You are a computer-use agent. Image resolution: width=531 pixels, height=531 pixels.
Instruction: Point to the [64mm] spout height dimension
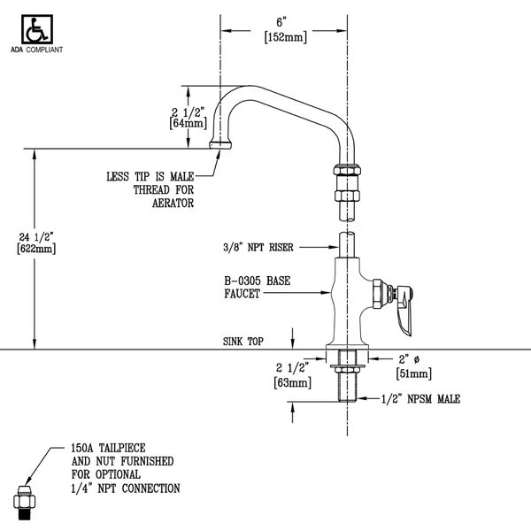point(188,125)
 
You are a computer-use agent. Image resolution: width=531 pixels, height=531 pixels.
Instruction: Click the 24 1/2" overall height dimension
point(35,236)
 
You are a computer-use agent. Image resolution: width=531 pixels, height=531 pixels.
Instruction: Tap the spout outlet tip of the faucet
point(219,143)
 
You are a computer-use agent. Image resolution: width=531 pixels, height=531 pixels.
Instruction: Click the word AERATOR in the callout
point(173,203)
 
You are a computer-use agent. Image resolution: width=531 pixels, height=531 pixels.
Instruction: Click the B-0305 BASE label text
point(257,281)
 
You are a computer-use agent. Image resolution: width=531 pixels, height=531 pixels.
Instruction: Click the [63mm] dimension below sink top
point(290,383)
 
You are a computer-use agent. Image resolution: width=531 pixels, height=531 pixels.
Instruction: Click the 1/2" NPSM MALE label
point(421,399)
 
